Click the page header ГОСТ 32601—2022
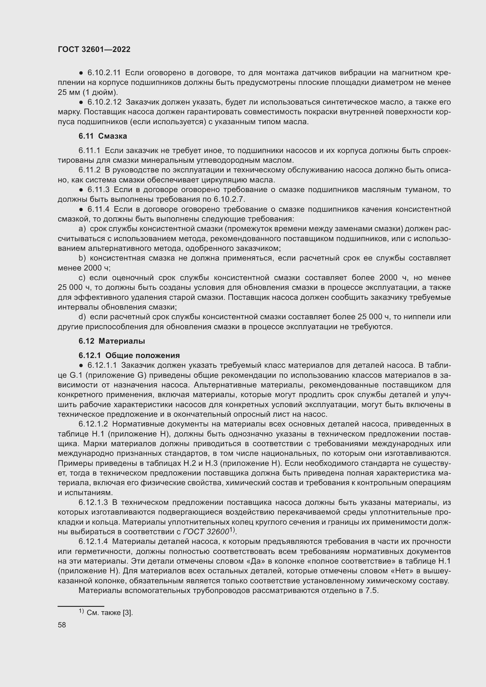94,49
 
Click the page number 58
62,625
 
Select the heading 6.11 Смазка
103,136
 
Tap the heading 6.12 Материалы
112,341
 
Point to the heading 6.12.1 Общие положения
129,355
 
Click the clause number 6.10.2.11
104,73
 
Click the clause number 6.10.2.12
104,102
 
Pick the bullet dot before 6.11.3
81,190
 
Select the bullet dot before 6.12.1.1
81,366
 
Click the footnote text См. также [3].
110,613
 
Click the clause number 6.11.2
90,170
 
